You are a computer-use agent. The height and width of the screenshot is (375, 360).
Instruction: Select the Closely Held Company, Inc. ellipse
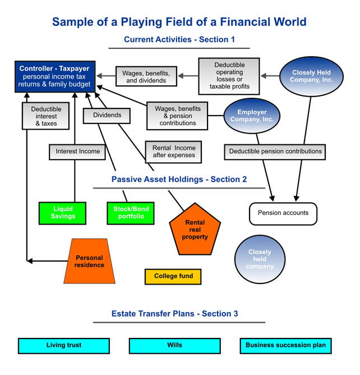(x=311, y=76)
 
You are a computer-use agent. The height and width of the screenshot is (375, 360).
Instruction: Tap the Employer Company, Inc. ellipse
(x=252, y=116)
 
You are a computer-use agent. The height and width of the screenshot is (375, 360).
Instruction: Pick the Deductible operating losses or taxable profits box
(x=229, y=76)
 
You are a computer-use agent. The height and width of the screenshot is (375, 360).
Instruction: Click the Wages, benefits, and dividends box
(x=146, y=76)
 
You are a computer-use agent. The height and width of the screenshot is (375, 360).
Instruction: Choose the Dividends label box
(x=106, y=116)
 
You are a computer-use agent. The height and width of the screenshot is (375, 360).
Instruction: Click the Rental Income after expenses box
(x=173, y=151)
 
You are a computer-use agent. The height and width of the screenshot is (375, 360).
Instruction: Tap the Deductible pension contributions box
(x=275, y=151)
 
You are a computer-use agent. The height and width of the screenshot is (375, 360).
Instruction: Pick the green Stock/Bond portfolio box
(x=128, y=212)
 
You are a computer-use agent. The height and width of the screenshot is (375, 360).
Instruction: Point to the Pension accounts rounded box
(x=283, y=213)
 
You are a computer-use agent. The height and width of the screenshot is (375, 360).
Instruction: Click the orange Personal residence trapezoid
(x=90, y=261)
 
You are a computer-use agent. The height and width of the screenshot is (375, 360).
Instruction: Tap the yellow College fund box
(x=173, y=276)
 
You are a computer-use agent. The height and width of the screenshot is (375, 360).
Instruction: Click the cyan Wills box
(x=174, y=345)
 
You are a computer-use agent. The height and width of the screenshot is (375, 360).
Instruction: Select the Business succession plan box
(x=285, y=345)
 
